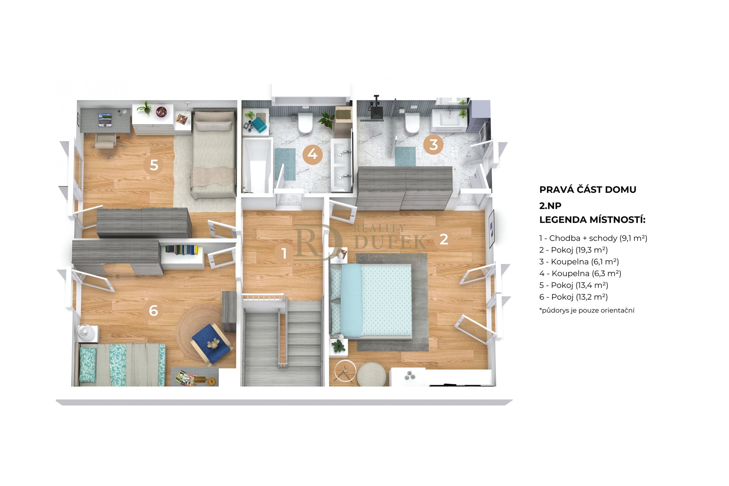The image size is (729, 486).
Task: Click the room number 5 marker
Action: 154,165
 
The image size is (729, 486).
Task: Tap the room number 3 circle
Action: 433,144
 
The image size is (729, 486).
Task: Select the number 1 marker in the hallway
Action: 284,253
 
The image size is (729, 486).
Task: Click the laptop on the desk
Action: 105,120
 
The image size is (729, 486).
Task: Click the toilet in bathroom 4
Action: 305,122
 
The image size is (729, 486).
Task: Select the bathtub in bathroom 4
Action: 257,166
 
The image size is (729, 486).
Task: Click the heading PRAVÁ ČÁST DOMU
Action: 588,189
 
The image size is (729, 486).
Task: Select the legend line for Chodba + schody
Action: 593,238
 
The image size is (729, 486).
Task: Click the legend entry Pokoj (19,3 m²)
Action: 573,250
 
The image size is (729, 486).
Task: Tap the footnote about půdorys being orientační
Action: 587,310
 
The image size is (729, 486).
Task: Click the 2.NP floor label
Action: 550,206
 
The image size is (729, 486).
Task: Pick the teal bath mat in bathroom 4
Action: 285,164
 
